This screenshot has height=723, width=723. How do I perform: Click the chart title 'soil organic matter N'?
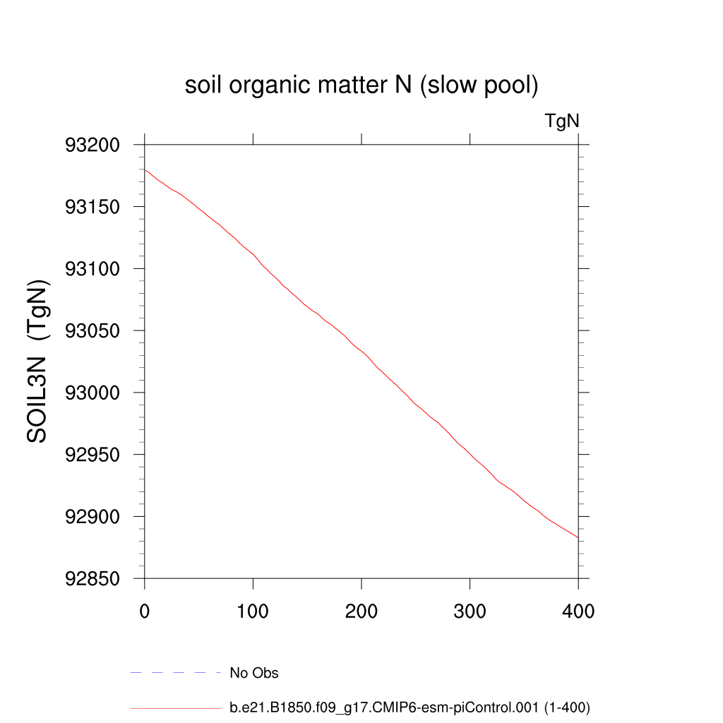tap(361, 86)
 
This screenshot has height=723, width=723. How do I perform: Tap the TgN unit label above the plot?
tap(562, 121)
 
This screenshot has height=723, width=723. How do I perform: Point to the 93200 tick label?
tap(92, 145)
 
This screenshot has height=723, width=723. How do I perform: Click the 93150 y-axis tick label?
tap(92, 208)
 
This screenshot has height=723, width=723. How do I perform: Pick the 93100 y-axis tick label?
tap(92, 269)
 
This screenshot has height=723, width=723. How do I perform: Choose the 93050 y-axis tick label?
tap(92, 331)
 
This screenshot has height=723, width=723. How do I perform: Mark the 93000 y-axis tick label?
tap(92, 393)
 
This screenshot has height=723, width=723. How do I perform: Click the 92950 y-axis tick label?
tap(92, 455)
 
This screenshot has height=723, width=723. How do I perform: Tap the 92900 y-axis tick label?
tap(92, 518)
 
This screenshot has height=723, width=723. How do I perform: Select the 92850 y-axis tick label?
tap(92, 579)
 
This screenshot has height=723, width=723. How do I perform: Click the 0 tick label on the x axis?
tap(145, 611)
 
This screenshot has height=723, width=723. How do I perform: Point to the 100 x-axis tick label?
tap(253, 611)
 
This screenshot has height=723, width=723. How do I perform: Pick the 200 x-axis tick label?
tap(361, 611)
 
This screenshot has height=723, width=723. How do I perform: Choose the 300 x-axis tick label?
tap(470, 611)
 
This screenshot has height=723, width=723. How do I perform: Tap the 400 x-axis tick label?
tap(578, 611)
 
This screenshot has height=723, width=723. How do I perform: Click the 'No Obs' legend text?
tap(254, 673)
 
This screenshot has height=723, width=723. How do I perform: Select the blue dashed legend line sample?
tap(176, 673)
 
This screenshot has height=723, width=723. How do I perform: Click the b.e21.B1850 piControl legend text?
tap(410, 707)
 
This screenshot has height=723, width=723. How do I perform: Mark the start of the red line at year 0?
tap(145, 170)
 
